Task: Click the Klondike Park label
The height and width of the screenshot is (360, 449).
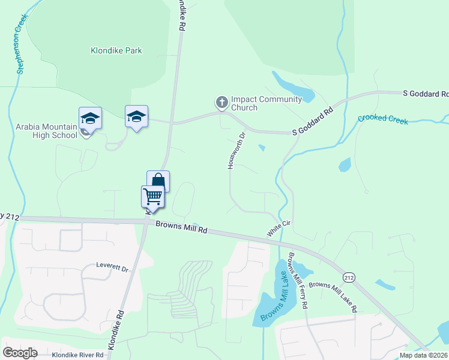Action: click(116, 50)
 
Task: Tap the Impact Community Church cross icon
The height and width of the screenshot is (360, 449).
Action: click(222, 103)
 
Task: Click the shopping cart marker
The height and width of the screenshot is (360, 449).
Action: click(153, 196)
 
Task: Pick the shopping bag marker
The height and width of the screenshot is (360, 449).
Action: click(158, 181)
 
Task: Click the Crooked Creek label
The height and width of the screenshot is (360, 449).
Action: click(382, 120)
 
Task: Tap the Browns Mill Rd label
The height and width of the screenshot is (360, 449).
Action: click(181, 227)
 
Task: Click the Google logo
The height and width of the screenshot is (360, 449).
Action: click(20, 353)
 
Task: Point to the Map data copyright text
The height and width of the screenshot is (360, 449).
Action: click(424, 355)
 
